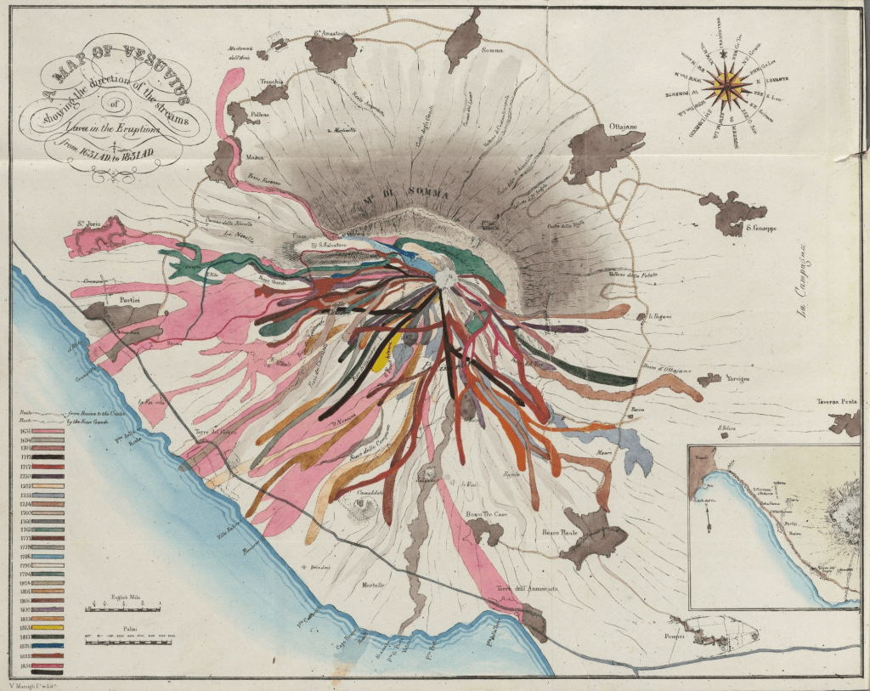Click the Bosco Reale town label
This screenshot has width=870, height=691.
click(x=559, y=532)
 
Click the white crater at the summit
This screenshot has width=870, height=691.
click(x=443, y=278)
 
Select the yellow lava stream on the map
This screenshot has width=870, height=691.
click(x=382, y=349)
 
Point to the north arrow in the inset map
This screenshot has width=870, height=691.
click(x=708, y=518)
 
